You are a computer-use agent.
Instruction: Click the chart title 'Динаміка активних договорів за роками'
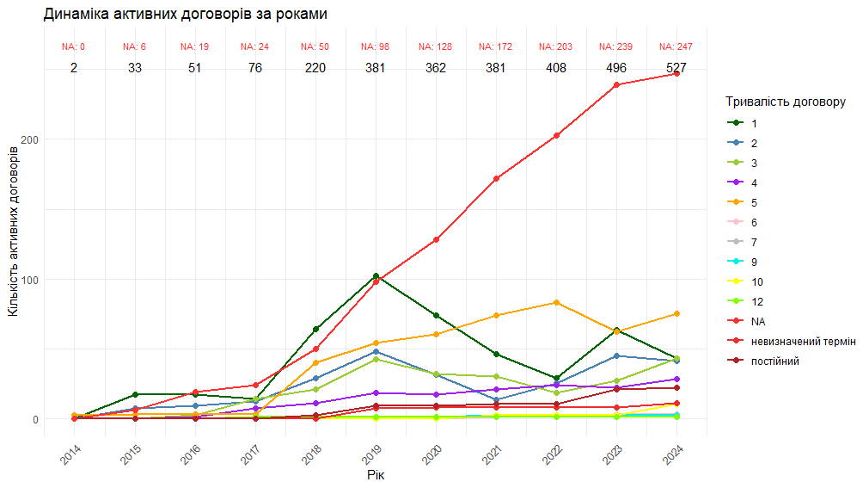click(185, 15)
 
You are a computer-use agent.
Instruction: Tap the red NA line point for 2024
click(676, 74)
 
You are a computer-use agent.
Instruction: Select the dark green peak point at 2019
click(376, 276)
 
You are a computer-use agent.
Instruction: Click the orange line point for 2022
click(556, 303)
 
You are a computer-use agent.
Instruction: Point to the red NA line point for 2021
click(496, 179)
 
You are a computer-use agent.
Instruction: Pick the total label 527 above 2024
click(676, 68)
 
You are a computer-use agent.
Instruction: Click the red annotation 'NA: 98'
click(376, 46)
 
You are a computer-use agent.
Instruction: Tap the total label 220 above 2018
click(315, 68)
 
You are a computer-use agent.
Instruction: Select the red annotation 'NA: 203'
click(556, 46)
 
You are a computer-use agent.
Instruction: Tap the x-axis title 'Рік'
click(376, 474)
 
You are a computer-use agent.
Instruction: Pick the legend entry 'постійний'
click(775, 361)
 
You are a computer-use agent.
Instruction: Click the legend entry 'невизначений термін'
click(803, 342)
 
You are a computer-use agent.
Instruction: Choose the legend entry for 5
click(754, 203)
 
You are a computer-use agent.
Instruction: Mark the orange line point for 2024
click(676, 314)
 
